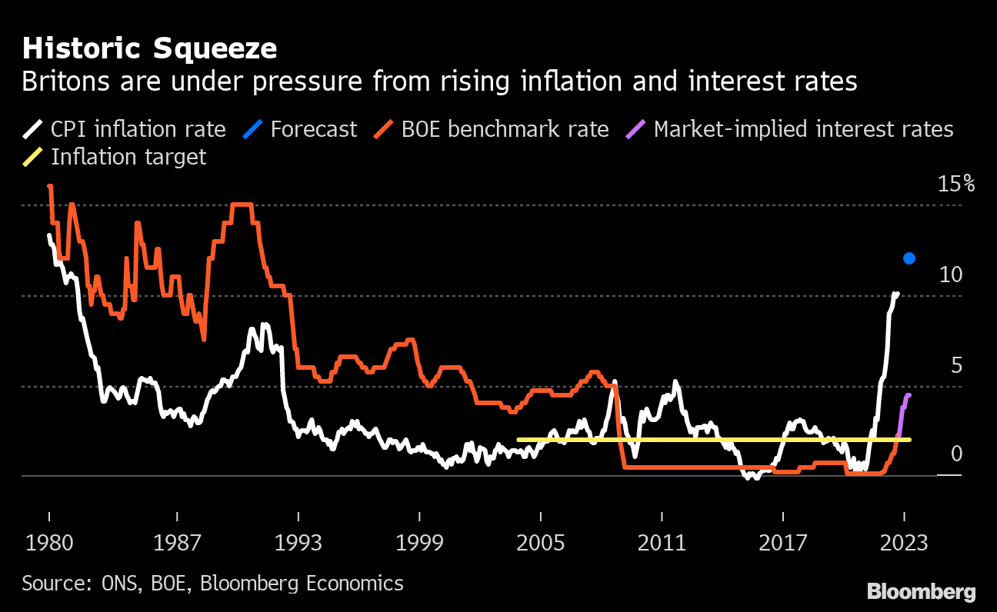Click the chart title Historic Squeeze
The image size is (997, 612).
(149, 48)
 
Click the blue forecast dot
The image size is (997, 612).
(909, 258)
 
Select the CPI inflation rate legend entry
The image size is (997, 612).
(125, 129)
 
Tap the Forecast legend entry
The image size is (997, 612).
(300, 129)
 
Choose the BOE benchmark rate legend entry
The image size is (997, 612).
(492, 129)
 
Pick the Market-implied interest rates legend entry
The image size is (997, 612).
(789, 129)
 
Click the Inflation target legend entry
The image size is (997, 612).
(115, 157)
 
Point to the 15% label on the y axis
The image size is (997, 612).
(956, 184)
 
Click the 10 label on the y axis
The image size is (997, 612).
(951, 274)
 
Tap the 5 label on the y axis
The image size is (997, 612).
(956, 366)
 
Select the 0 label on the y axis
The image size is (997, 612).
(956, 454)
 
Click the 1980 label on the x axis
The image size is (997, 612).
(49, 543)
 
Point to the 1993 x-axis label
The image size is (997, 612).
(298, 543)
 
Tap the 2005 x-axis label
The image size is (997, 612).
(540, 543)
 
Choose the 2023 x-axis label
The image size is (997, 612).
(904, 543)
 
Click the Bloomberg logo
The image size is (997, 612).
(922, 592)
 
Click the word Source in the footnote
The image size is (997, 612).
(56, 584)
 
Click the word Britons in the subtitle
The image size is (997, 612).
(66, 81)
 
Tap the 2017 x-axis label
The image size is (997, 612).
(783, 543)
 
